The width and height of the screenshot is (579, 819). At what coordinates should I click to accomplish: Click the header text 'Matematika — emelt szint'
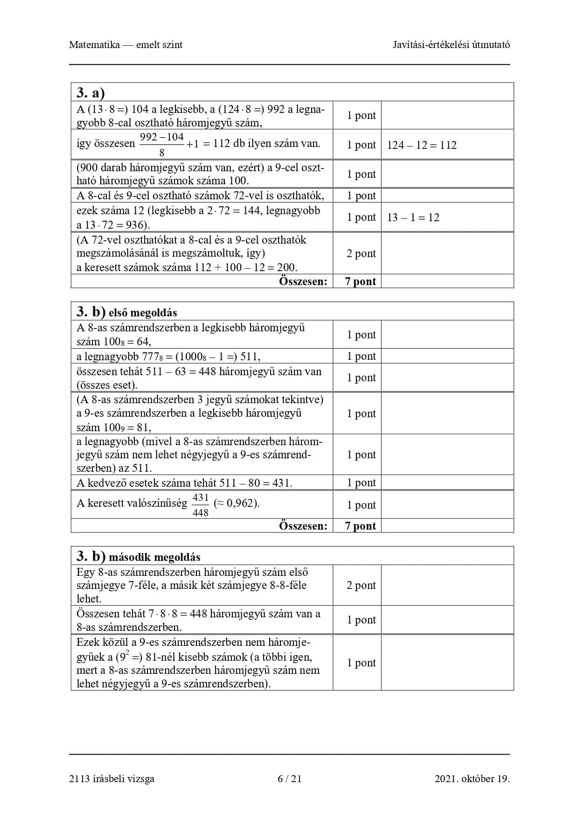[x=126, y=45]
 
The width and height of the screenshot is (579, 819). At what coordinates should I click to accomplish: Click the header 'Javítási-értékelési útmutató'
[x=451, y=45]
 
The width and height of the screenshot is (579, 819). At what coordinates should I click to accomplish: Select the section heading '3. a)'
[x=91, y=93]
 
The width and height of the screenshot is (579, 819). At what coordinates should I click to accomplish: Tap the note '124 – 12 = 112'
[x=421, y=145]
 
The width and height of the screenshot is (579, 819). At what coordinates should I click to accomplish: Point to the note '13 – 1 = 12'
[x=413, y=217]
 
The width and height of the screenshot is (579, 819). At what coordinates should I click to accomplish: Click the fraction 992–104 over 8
[x=162, y=144]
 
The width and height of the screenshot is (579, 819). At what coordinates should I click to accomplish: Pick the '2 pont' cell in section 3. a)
[x=361, y=253]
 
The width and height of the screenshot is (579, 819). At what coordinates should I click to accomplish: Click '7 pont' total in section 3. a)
[x=360, y=281]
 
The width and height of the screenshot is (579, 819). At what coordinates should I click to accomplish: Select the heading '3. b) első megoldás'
[x=127, y=312]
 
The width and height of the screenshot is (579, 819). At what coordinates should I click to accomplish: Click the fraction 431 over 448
[x=201, y=505]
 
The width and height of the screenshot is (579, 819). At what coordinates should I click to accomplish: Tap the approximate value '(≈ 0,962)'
[x=236, y=503]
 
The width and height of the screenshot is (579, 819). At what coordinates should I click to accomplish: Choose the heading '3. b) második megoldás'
[x=139, y=556]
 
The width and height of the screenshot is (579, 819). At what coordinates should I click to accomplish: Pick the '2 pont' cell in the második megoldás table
[x=361, y=585]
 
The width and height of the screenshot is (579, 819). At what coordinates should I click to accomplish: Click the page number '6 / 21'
[x=289, y=778]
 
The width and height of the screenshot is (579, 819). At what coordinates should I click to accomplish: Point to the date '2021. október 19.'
[x=472, y=778]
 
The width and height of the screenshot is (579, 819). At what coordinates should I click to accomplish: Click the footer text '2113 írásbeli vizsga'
[x=112, y=778]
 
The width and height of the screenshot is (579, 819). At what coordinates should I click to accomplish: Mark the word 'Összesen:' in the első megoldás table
[x=303, y=526]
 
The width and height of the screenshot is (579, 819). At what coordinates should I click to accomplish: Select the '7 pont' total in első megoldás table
[x=360, y=526]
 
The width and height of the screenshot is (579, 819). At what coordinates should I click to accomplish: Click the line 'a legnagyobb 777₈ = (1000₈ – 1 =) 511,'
[x=168, y=357]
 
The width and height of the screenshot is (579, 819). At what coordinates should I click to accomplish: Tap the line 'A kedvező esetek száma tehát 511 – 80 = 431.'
[x=184, y=483]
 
